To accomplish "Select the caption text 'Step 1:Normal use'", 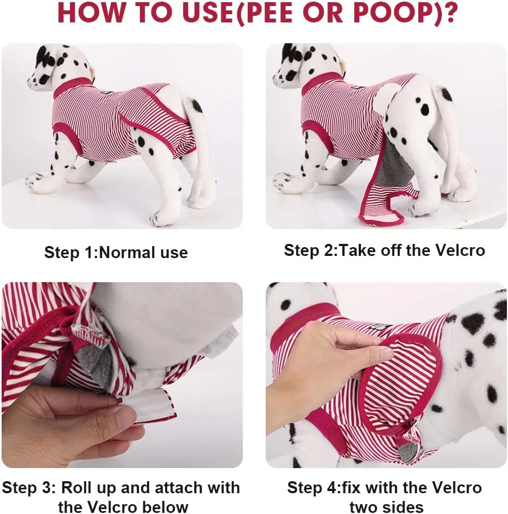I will (116, 253).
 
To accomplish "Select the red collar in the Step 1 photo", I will (71, 86).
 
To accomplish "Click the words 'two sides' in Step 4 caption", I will (386, 506).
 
